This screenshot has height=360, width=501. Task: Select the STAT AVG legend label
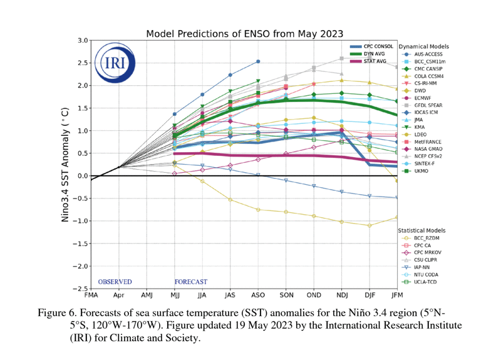click(x=375, y=61)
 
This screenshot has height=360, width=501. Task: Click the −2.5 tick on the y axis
click(x=80, y=289)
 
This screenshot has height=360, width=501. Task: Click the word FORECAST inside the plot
click(x=191, y=282)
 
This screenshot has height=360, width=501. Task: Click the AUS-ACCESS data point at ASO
click(x=258, y=61)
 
